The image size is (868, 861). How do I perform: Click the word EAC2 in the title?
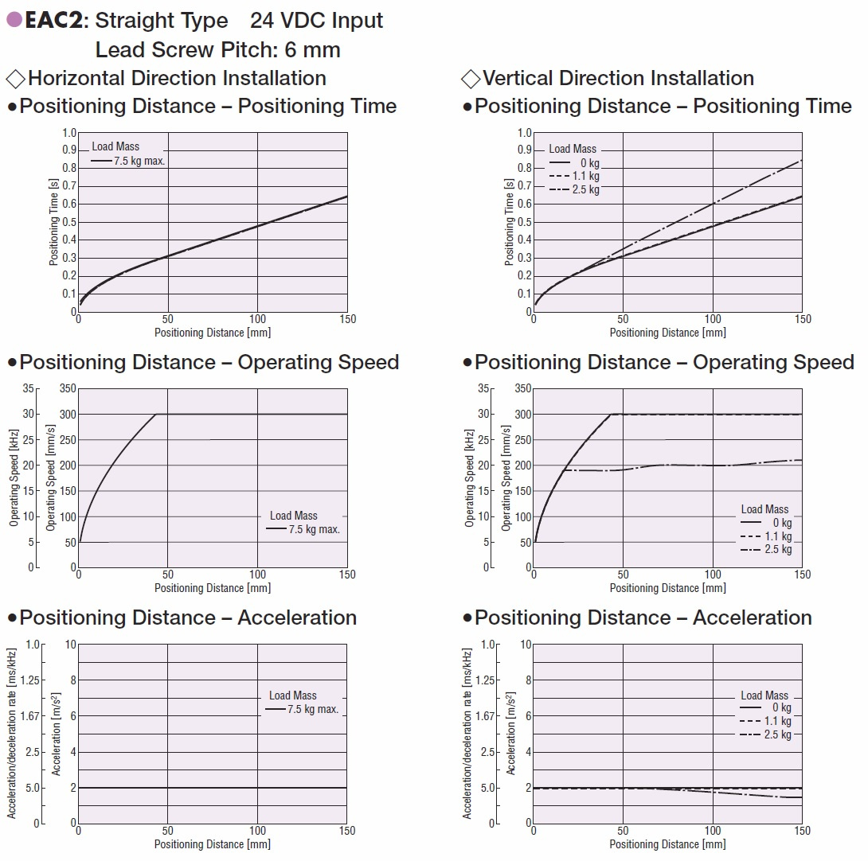pos(53,21)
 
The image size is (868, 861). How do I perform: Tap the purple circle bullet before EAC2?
pos(14,21)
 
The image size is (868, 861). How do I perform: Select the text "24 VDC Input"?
pos(316,21)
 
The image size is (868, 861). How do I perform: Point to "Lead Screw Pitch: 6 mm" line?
pos(217,49)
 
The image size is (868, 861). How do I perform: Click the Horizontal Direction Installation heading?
pos(177,78)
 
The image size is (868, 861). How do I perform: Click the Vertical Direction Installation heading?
pos(618,78)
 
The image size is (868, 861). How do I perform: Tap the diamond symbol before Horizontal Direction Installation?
pos(15,79)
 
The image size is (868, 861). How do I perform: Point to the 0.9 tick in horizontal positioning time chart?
pos(69,150)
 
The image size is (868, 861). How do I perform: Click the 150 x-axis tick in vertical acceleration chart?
pos(803,831)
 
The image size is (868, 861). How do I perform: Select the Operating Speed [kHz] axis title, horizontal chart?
pos(14,478)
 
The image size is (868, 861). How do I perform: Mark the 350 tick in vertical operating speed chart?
pos(523,389)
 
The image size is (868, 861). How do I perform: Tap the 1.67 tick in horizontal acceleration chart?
pos(31,716)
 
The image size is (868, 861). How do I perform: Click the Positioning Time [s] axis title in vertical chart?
pos(510,222)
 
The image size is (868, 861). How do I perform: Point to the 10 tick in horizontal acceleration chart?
pos(70,645)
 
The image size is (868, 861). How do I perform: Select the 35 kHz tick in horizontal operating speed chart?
pos(31,389)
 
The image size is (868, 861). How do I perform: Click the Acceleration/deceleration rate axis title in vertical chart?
pos(467,733)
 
